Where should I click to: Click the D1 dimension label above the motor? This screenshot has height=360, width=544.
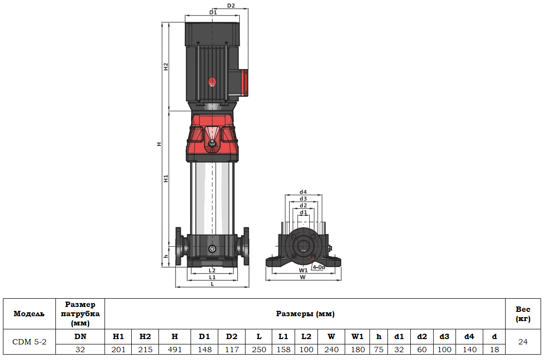pyautogui.click(x=212, y=12)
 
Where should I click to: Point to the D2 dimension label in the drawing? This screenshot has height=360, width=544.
pyautogui.click(x=231, y=6)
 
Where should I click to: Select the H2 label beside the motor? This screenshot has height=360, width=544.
pyautogui.click(x=166, y=67)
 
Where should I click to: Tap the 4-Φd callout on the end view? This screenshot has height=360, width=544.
pyautogui.click(x=319, y=267)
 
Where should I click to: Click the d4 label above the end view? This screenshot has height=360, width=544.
pyautogui.click(x=303, y=192)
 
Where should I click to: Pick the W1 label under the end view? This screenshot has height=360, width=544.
pyautogui.click(x=303, y=270)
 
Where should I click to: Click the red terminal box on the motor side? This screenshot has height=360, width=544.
pyautogui.click(x=245, y=83)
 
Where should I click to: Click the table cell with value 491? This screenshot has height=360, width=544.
pyautogui.click(x=175, y=349)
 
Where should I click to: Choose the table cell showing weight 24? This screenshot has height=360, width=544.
pyautogui.click(x=523, y=342)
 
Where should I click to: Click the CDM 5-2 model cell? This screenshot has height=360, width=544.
pyautogui.click(x=30, y=342)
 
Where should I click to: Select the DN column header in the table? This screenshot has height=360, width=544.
pyautogui.click(x=80, y=336)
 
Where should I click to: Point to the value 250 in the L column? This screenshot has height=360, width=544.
pyautogui.click(x=259, y=349)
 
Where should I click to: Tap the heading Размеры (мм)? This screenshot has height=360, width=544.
pyautogui.click(x=305, y=314)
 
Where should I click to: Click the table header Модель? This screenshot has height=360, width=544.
pyautogui.click(x=30, y=314)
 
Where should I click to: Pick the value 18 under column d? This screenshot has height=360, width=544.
pyautogui.click(x=494, y=349)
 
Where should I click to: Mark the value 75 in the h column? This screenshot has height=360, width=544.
pyautogui.click(x=379, y=349)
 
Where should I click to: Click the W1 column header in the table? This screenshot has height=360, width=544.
pyautogui.click(x=357, y=336)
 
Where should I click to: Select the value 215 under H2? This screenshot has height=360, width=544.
pyautogui.click(x=145, y=349)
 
